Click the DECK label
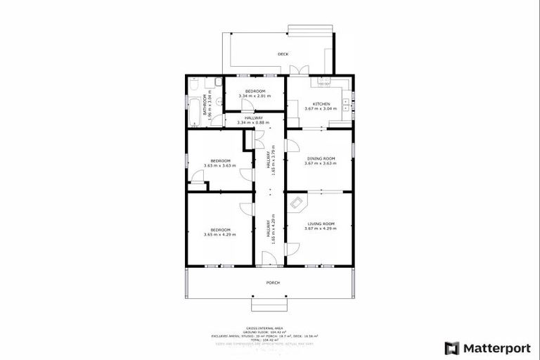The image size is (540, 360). pyautogui.click(x=283, y=54)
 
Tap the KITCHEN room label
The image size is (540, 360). pyautogui.click(x=317, y=104)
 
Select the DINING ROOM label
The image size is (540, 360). pyautogui.click(x=320, y=159)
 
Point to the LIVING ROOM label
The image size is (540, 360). pyautogui.click(x=320, y=224)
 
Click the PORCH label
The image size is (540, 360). pyautogui.click(x=273, y=283)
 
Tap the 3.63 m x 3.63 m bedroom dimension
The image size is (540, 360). pyautogui.click(x=219, y=166)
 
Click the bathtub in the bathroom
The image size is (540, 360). pyautogui.click(x=195, y=110)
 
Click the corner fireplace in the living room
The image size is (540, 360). pyautogui.click(x=297, y=203)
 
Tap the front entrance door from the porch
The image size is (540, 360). pyautogui.click(x=269, y=263)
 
